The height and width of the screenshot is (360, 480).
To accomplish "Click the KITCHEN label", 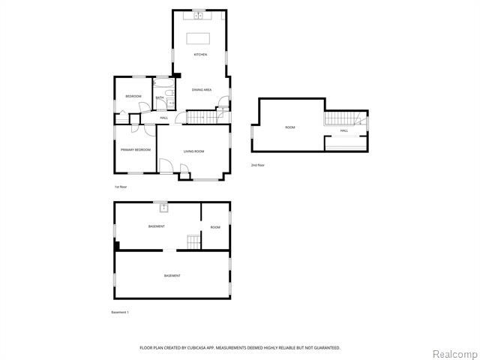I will (200, 55).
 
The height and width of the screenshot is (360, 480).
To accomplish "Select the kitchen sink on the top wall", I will (199, 13).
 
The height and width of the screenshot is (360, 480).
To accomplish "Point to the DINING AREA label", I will (202, 90).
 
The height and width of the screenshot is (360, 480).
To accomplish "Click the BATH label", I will (160, 97).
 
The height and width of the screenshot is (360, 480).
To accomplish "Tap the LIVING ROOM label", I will (193, 151).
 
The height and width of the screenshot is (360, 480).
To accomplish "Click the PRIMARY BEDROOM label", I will (136, 150).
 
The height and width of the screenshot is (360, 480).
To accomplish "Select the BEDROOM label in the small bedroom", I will (133, 96).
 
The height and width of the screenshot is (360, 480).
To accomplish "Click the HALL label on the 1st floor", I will (163, 118).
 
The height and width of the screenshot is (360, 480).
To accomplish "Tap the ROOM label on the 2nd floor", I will (290, 127).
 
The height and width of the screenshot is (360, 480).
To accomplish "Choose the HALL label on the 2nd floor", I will (344, 130).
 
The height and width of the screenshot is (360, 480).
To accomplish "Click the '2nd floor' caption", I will (258, 165).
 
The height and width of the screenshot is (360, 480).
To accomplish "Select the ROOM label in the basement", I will (215, 227).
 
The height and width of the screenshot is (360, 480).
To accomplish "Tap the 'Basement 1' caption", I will (120, 312).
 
